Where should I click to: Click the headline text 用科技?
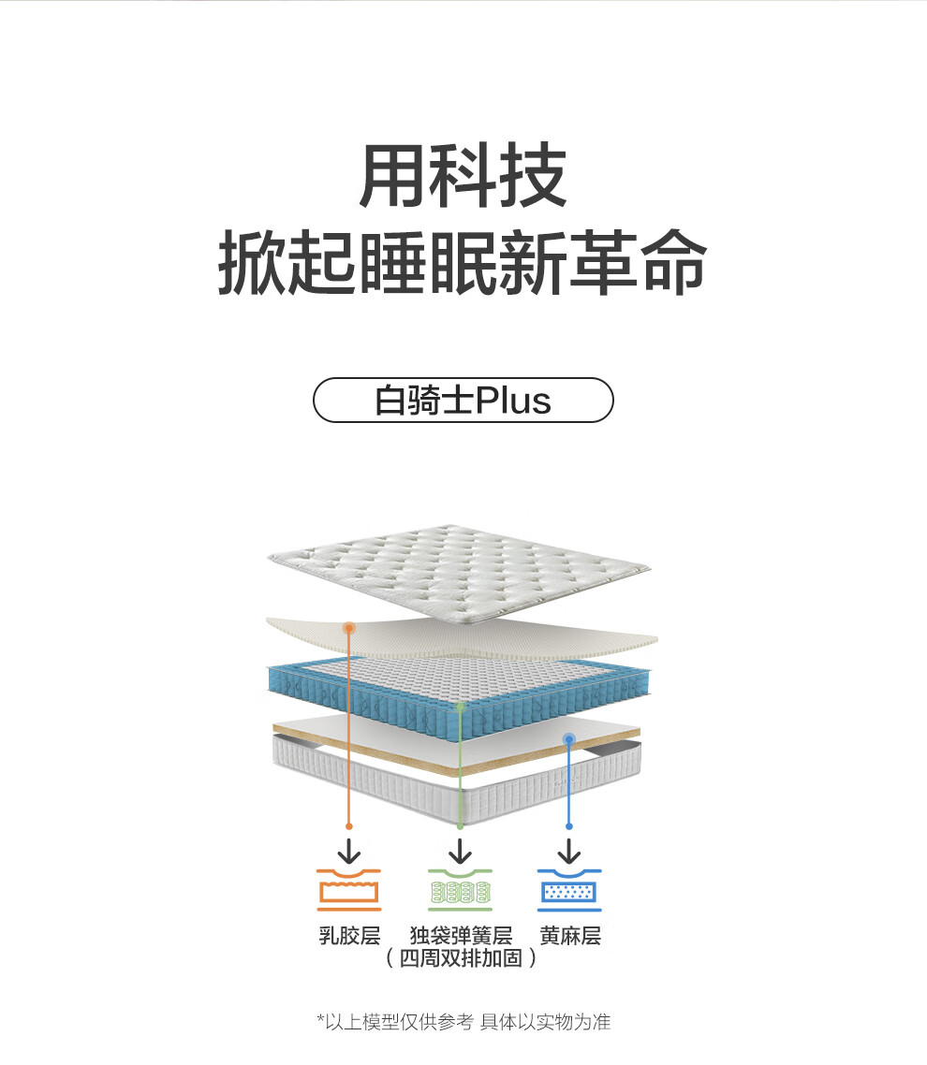tap(463, 176)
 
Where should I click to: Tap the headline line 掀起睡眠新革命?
tap(463, 262)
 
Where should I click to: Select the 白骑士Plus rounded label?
tap(463, 400)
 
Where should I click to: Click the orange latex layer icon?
tap(348, 889)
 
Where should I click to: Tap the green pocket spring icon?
tap(460, 889)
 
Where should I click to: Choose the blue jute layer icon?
tap(569, 889)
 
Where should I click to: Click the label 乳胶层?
tap(349, 935)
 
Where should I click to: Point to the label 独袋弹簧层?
tap(461, 935)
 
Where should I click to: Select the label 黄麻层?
tap(570, 935)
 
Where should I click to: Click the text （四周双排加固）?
tap(461, 957)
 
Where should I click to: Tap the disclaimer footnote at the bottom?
tap(463, 1022)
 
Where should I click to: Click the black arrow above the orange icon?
tap(349, 851)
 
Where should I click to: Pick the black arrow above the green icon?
tap(460, 851)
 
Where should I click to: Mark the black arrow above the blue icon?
tap(569, 851)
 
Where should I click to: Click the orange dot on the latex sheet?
tap(348, 628)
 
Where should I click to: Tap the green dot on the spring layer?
tap(460, 708)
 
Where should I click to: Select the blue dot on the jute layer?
tap(569, 739)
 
